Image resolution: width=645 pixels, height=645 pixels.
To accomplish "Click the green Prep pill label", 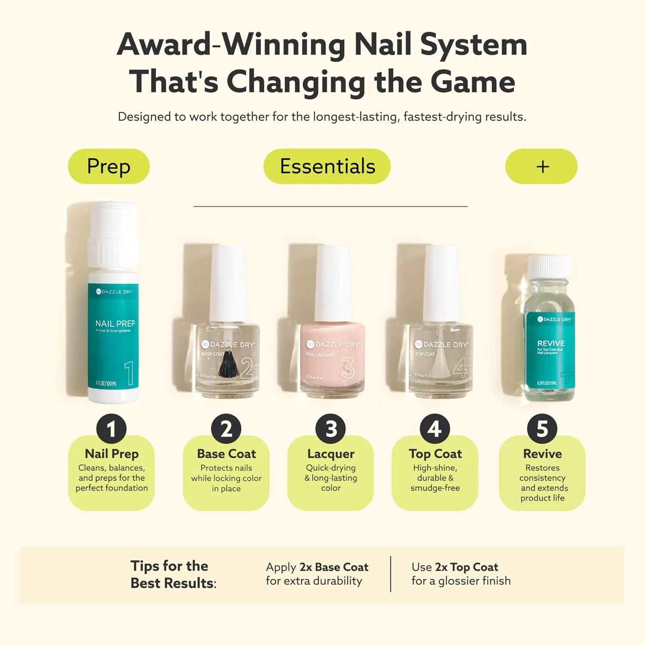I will pos(109,166).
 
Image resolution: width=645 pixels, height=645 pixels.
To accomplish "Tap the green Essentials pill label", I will pos(327,166).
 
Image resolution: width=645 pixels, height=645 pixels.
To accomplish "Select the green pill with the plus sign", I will pos(541,166).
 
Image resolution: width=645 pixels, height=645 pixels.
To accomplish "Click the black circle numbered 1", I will pos(111,429).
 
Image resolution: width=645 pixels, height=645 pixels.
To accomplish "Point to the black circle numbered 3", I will pos(330,429).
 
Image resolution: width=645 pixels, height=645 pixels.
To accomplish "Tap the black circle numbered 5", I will pos(542,429).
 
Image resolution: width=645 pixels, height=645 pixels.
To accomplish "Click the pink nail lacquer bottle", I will pos(332,357).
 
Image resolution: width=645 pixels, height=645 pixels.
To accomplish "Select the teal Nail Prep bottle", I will pos(113,335).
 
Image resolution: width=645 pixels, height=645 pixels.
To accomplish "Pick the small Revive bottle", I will pos(550,344).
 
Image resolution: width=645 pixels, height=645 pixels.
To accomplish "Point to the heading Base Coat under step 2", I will pos(226,454).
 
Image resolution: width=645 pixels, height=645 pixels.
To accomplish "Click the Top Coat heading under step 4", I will pos(435,454).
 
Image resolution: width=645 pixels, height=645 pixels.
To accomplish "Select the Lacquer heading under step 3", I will pos(331,454).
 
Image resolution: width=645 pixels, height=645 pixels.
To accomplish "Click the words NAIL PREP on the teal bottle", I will pos(115,323).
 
